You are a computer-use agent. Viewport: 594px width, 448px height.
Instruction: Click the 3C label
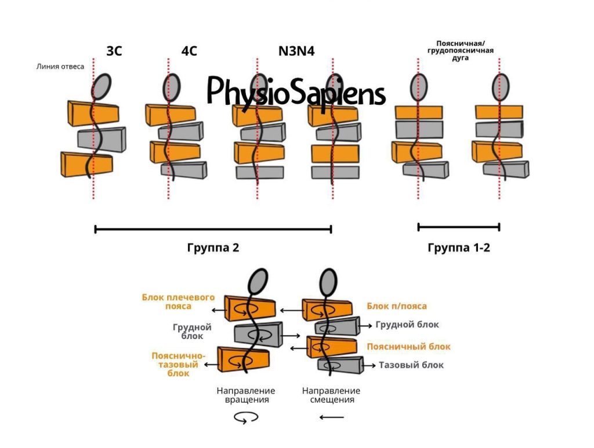[114, 51]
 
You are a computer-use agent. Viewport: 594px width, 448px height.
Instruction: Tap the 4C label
[189, 51]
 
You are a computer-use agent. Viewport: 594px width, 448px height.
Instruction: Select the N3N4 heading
[296, 51]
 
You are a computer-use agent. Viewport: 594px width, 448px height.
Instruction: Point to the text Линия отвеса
[61, 67]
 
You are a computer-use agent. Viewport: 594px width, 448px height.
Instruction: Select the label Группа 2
[213, 247]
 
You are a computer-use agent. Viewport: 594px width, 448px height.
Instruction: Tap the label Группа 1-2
[458, 247]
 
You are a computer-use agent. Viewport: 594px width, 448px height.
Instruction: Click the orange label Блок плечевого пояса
[178, 301]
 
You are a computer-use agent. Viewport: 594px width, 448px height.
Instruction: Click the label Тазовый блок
[411, 365]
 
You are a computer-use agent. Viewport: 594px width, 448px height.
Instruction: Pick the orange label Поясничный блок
[408, 347]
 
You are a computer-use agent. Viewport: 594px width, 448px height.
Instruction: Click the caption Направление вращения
[246, 395]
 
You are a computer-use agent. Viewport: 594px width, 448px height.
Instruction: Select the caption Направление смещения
[331, 395]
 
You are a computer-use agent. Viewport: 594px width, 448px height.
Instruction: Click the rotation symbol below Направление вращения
[246, 417]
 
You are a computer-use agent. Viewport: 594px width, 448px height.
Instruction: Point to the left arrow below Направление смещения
[331, 417]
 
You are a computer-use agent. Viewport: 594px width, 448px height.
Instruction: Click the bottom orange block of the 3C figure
[86, 164]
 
